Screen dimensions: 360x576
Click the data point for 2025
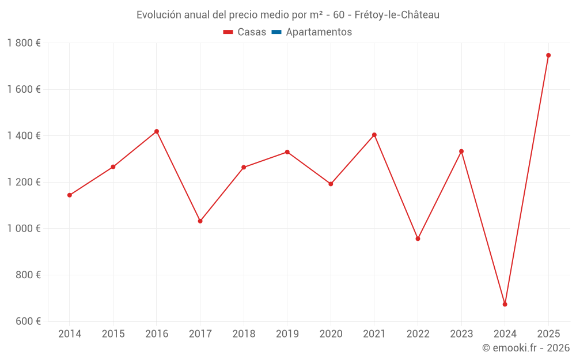548,55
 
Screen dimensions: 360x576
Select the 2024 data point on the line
505,304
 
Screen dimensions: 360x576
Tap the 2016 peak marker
157,131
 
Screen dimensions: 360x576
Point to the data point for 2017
200,221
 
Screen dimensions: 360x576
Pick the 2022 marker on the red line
418,238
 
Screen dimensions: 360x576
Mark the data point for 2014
70,195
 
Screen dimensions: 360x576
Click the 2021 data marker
374,135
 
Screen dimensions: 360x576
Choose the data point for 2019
287,152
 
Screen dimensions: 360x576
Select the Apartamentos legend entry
319,32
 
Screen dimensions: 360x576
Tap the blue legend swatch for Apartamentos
276,32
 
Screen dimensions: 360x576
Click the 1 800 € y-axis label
24,43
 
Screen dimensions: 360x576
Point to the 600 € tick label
28,321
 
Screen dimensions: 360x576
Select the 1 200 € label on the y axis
24,182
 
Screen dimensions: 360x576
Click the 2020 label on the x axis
331,334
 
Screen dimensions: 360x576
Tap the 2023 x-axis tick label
461,334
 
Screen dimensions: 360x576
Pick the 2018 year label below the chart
244,334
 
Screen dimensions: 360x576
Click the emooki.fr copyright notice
526,348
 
